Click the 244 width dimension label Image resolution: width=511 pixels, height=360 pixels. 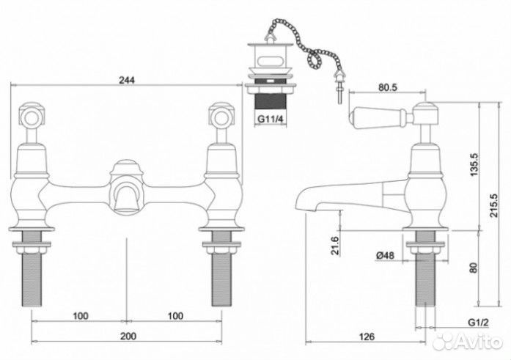tap(126, 80)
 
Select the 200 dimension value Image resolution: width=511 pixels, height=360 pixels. tap(128, 336)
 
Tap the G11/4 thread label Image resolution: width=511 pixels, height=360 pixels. tap(271, 120)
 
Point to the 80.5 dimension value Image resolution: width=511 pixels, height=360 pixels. tap(388, 87)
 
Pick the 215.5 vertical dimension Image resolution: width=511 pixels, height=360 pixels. tap(493, 206)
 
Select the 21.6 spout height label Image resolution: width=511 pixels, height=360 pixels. tap(335, 246)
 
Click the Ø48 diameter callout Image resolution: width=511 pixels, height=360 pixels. tap(385, 255)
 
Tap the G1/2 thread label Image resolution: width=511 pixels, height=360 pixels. tap(479, 323)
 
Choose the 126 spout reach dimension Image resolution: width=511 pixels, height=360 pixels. tap(367, 337)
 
